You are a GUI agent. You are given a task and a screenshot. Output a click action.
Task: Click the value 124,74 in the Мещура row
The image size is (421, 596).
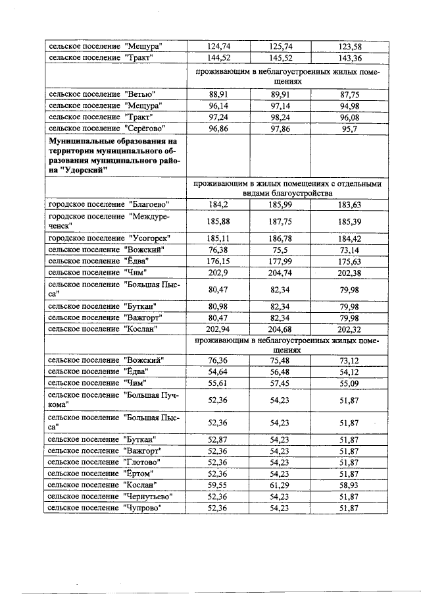(218, 46)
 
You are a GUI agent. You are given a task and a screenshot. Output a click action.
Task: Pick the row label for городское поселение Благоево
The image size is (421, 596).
(109, 204)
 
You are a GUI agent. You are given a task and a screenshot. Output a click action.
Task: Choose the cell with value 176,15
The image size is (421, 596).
(218, 261)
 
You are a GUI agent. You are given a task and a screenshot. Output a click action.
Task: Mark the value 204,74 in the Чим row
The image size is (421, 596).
(282, 273)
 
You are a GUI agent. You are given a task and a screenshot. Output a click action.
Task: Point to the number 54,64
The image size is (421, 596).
(218, 372)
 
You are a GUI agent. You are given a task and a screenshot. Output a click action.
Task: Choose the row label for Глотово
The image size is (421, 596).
(105, 462)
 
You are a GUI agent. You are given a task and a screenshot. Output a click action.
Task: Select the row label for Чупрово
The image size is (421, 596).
(105, 508)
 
